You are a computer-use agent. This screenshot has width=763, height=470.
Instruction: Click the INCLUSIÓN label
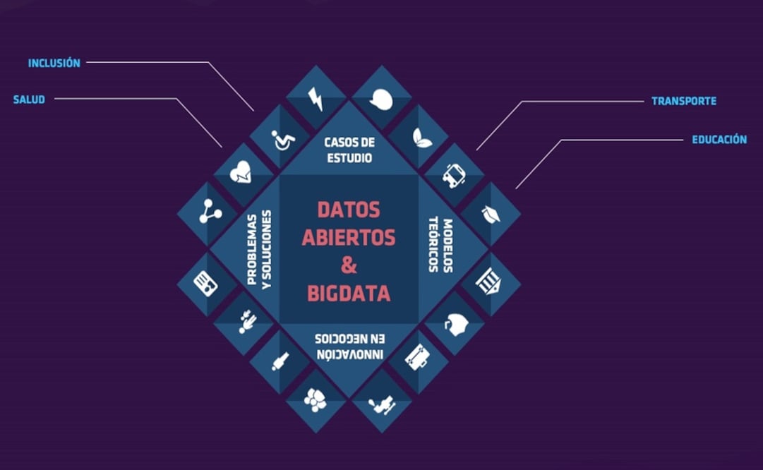(54, 64)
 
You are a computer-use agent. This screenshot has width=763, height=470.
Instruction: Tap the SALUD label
(29, 100)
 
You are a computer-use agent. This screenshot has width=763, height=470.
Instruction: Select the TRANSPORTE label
(684, 101)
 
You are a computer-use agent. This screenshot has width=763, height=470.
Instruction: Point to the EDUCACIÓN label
(719, 140)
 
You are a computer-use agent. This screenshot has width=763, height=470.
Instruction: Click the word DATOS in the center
(349, 210)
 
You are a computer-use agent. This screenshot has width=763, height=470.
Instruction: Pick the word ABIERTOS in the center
(349, 238)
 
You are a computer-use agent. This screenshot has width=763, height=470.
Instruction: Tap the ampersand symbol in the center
(349, 265)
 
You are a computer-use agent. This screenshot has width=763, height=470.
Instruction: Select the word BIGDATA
(349, 294)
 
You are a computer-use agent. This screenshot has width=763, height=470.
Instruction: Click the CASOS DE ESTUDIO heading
(349, 150)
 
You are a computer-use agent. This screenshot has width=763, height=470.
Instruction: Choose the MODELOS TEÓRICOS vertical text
(441, 245)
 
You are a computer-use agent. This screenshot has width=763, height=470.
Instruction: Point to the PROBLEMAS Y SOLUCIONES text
(259, 250)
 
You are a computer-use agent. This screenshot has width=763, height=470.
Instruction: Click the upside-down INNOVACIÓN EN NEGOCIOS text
(349, 346)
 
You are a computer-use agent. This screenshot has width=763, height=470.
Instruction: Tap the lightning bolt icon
(316, 99)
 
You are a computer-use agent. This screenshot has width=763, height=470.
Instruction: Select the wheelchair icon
(283, 140)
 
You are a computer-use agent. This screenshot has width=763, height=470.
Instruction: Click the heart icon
(241, 171)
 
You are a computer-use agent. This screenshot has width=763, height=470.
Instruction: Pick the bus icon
(454, 176)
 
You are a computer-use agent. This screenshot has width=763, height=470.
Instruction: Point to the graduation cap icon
(491, 214)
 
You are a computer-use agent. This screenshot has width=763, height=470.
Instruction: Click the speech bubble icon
(381, 100)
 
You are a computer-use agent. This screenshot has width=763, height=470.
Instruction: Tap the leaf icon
(421, 138)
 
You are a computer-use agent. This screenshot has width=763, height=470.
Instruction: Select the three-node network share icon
(210, 211)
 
